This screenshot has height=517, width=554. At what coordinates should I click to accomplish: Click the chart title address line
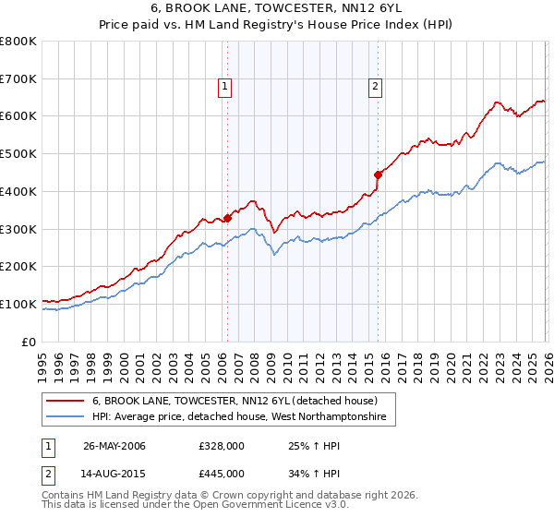(x=277, y=7)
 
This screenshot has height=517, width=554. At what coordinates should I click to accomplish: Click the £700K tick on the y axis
(x=18, y=78)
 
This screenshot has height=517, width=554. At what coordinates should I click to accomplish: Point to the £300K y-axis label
(x=18, y=229)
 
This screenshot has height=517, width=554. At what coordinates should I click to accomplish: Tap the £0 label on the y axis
(x=30, y=342)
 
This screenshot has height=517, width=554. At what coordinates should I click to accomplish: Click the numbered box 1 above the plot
(x=225, y=88)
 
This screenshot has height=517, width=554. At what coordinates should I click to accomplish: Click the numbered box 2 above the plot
(x=376, y=88)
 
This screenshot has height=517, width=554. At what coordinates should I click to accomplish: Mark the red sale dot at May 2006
(x=227, y=219)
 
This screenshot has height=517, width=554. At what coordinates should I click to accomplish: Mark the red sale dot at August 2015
(x=378, y=174)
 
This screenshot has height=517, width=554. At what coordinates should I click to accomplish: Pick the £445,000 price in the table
(x=222, y=474)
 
